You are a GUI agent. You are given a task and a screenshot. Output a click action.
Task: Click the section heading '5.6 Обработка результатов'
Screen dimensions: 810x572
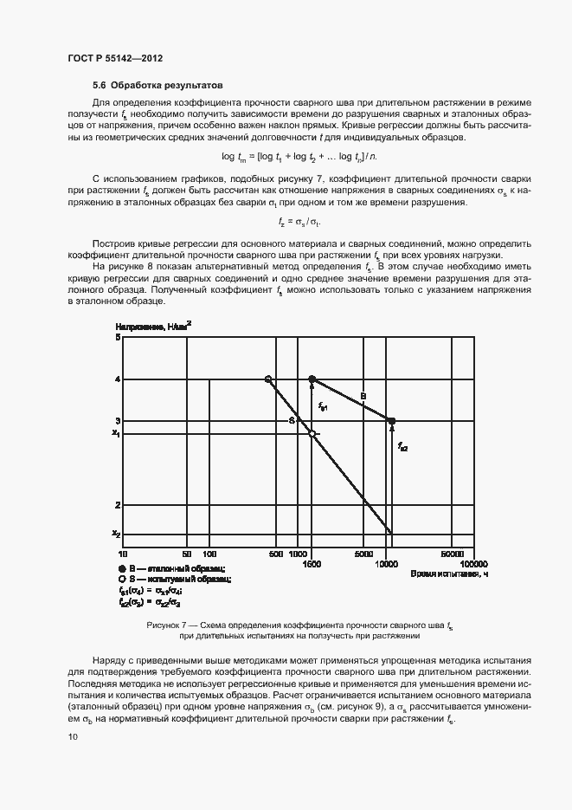pyautogui.click(x=157, y=86)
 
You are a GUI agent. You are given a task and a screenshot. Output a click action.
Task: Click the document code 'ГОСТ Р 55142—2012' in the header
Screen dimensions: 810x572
pyautogui.click(x=115, y=58)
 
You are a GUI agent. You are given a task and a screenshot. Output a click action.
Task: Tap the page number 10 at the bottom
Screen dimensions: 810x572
pyautogui.click(x=73, y=736)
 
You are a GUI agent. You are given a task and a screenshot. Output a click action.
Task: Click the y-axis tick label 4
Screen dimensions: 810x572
pyautogui.click(x=117, y=379)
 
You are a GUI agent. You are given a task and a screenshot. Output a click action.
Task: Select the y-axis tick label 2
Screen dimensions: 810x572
pyautogui.click(x=117, y=504)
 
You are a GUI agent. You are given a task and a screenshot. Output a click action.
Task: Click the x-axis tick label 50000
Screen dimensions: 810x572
pyautogui.click(x=453, y=553)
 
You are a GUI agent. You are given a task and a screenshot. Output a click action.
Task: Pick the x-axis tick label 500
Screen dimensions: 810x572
pyautogui.click(x=274, y=553)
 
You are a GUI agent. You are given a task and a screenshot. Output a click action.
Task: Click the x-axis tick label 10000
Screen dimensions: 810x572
pyautogui.click(x=387, y=564)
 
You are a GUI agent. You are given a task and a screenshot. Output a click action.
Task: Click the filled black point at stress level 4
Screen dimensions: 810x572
pyautogui.click(x=312, y=379)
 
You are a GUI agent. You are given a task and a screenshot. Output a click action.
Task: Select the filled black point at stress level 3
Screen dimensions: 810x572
pyautogui.click(x=391, y=421)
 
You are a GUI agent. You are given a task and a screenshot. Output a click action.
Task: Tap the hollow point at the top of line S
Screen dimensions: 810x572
pyautogui.click(x=268, y=379)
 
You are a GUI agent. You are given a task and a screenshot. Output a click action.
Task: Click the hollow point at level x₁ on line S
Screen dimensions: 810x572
pyautogui.click(x=312, y=433)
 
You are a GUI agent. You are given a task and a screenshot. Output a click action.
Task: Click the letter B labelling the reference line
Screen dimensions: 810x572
pyautogui.click(x=363, y=396)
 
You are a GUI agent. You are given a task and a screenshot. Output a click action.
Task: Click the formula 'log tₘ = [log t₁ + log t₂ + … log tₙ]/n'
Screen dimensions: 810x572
pyautogui.click(x=299, y=156)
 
